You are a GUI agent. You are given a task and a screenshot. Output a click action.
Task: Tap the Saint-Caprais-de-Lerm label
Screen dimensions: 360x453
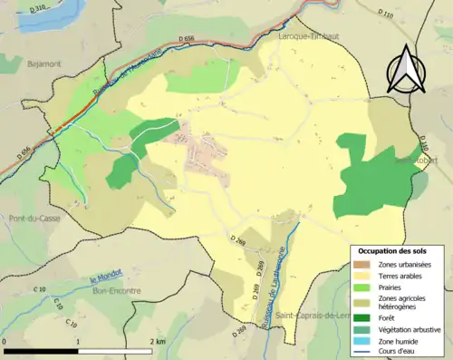coord(313,314)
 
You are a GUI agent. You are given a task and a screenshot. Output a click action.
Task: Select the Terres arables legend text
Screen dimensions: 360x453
coord(400,275)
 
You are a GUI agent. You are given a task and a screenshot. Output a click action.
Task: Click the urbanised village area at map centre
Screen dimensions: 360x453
coord(204,157)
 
